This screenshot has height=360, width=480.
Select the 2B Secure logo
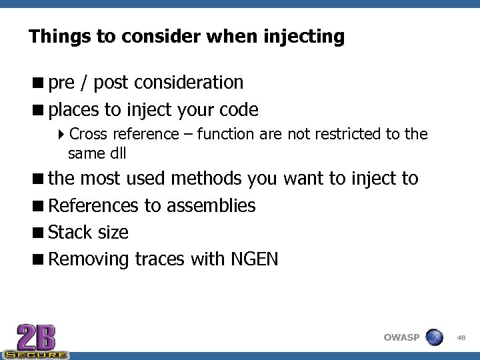tap(35, 341)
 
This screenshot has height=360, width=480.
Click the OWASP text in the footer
tap(401, 337)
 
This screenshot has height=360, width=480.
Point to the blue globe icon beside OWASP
tap(434, 337)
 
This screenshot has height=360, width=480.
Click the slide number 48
tap(461, 338)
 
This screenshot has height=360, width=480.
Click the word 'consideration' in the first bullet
tap(189, 83)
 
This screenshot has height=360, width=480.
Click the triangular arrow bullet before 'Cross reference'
tap(61, 134)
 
